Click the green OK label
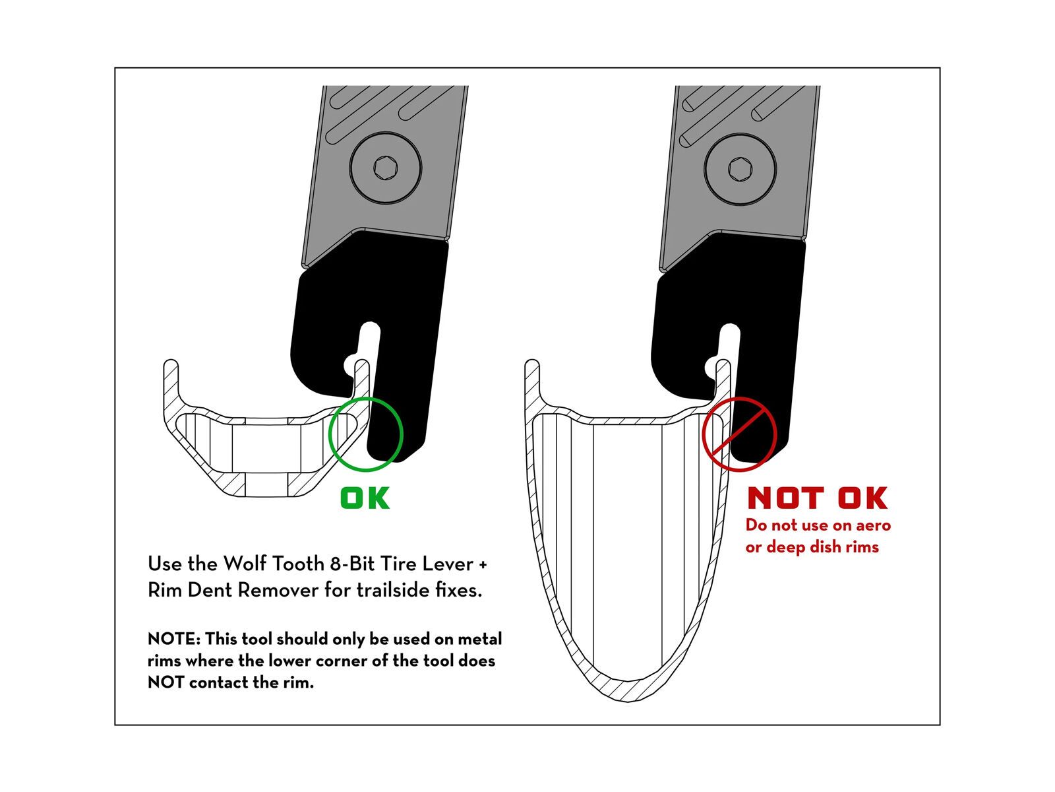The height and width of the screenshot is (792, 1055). [x=365, y=498]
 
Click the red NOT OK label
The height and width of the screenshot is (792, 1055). [x=817, y=498]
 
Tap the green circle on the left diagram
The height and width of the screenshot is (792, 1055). [x=330, y=434]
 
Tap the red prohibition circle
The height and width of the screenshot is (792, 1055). [x=702, y=434]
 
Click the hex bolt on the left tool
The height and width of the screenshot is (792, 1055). [x=386, y=168]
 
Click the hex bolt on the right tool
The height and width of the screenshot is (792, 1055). [x=740, y=169]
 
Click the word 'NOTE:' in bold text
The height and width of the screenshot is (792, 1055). [x=174, y=639]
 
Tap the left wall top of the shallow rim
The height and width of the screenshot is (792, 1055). [x=171, y=364]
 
